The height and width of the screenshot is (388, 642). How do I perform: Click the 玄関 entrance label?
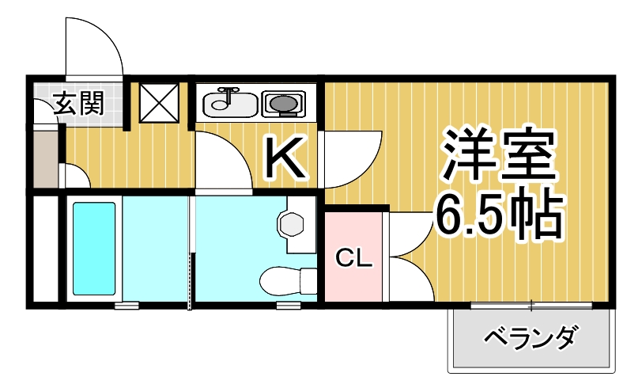coord(78,103)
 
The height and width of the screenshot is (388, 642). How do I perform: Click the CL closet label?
coord(353,258)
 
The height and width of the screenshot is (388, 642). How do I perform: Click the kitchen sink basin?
coord(230,104)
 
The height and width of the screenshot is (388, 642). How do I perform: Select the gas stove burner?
coord(282,103)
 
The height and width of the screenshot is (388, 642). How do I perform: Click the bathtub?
coord(95,247)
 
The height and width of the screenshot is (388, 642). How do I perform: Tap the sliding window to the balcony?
coord(531,304)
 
